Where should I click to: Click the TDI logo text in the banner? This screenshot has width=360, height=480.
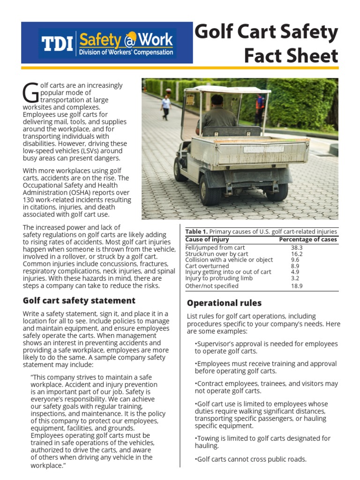[57, 43]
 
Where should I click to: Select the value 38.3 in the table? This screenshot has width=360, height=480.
[296, 247]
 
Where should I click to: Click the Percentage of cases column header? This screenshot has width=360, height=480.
[307, 240]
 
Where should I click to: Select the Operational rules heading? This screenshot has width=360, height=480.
[224, 303]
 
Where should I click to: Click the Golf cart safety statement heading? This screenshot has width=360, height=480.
[79, 300]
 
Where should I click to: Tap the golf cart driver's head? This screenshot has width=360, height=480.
[217, 100]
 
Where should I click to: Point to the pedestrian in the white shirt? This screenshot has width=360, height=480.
[165, 106]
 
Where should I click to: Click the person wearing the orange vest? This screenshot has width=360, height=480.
[259, 107]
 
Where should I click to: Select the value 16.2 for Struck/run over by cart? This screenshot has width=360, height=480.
[296, 254]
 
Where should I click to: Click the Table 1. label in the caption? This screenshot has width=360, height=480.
[196, 232]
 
